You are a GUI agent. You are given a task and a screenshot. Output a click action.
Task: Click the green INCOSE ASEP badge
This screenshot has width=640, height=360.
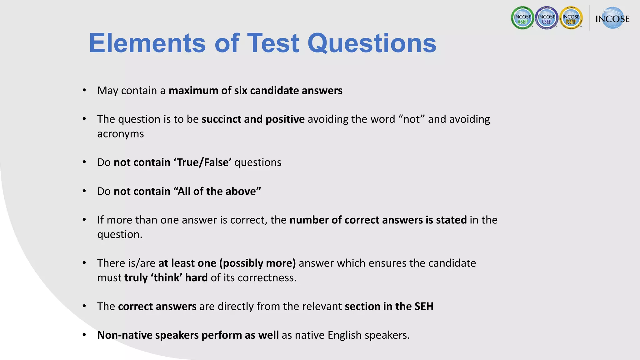pos(522,18)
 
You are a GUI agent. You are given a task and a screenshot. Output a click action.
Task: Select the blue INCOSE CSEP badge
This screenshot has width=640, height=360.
pos(547,18)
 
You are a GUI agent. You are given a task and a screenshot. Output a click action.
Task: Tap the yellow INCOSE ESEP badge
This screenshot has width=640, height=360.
pos(571,18)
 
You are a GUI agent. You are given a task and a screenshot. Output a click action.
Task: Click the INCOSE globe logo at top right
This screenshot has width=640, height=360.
pos(612,18)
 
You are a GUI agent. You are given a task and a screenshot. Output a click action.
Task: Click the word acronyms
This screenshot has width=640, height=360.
pos(120,134)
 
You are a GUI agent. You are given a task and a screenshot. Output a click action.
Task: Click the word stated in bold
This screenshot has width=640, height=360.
pos(451,220)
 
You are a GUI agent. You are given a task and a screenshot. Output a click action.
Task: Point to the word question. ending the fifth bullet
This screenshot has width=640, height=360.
pos(120,234)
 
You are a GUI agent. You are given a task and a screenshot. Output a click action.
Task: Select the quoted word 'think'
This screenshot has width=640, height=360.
pos(167,277)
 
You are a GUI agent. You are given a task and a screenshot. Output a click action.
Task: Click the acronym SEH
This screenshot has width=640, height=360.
pos(424,306)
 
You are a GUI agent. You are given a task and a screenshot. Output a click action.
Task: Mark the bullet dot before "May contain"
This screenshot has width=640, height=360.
pos(84,90)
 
